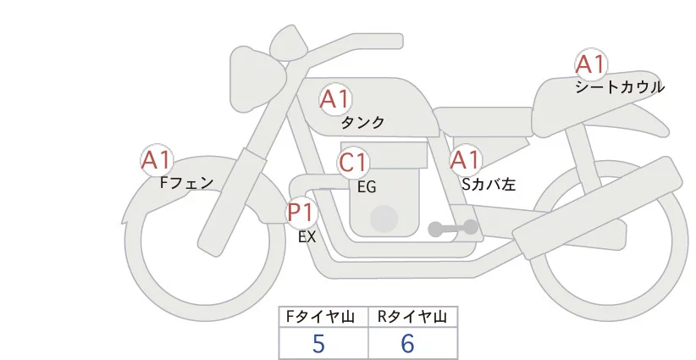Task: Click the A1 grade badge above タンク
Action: (x=334, y=99)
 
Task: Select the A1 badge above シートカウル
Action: (x=591, y=64)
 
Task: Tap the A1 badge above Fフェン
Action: (x=157, y=159)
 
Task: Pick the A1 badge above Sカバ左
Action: (x=465, y=159)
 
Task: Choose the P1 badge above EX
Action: (x=301, y=211)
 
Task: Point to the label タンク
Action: (x=362, y=123)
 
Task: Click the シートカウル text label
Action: (x=620, y=87)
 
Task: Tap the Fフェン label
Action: (x=186, y=182)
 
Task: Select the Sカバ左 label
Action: (x=489, y=182)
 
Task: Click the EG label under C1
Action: (x=367, y=186)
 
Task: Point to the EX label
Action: (x=307, y=236)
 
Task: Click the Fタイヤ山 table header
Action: (x=323, y=317)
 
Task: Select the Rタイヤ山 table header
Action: (x=412, y=317)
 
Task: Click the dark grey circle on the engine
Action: (x=384, y=219)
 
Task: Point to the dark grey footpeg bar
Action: (x=454, y=228)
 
